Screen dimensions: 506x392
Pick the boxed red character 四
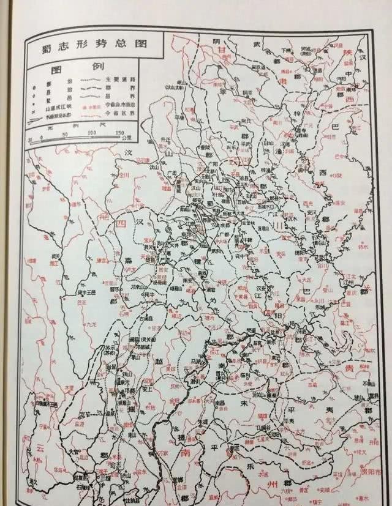point(121,224)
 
